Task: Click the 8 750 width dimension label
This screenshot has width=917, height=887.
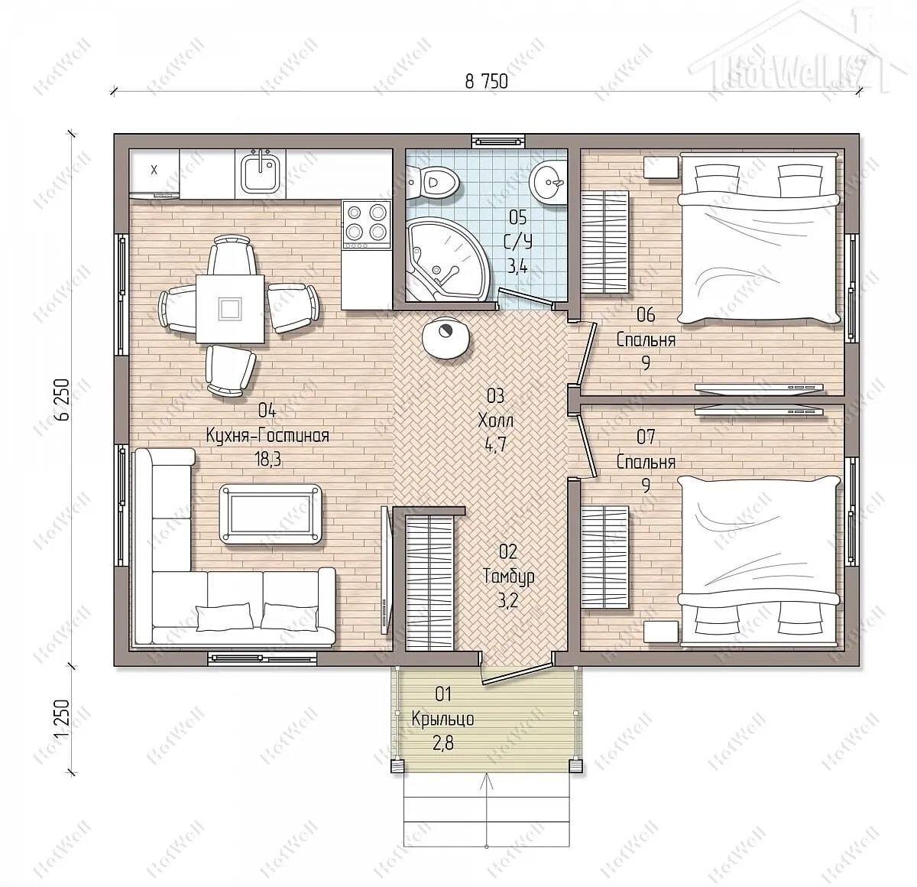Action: pyautogui.click(x=486, y=82)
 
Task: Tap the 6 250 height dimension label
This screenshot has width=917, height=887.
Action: pyautogui.click(x=63, y=399)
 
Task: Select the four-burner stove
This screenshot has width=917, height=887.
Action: pyautogui.click(x=367, y=225)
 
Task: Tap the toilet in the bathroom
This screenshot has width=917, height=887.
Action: pyautogui.click(x=433, y=182)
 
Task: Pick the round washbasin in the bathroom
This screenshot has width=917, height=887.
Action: pyautogui.click(x=548, y=181)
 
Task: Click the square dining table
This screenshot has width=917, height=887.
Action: pyautogui.click(x=230, y=309)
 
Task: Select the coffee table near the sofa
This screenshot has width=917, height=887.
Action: pyautogui.click(x=271, y=514)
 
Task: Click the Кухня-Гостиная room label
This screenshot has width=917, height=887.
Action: pyautogui.click(x=267, y=435)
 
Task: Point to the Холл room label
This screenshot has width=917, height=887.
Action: pyautogui.click(x=495, y=420)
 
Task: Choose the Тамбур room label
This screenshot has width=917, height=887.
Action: pyautogui.click(x=508, y=577)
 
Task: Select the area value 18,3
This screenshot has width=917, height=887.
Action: pyautogui.click(x=267, y=460)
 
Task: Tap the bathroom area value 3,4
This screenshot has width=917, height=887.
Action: pyautogui.click(x=517, y=268)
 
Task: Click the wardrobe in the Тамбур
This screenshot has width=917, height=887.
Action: pyautogui.click(x=429, y=583)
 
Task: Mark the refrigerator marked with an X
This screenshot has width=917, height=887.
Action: pyautogui.click(x=154, y=173)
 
